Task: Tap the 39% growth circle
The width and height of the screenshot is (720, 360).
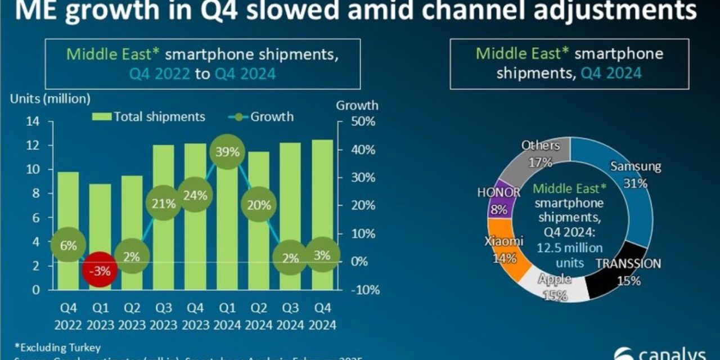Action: pos(226,152)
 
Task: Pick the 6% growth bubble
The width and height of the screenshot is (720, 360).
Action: pos(68,245)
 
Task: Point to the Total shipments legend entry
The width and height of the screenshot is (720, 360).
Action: pos(148,117)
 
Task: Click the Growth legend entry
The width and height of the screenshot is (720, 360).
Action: pos(264,117)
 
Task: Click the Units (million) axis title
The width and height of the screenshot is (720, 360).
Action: pos(50,98)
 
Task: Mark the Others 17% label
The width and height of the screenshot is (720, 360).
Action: pos(541,154)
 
